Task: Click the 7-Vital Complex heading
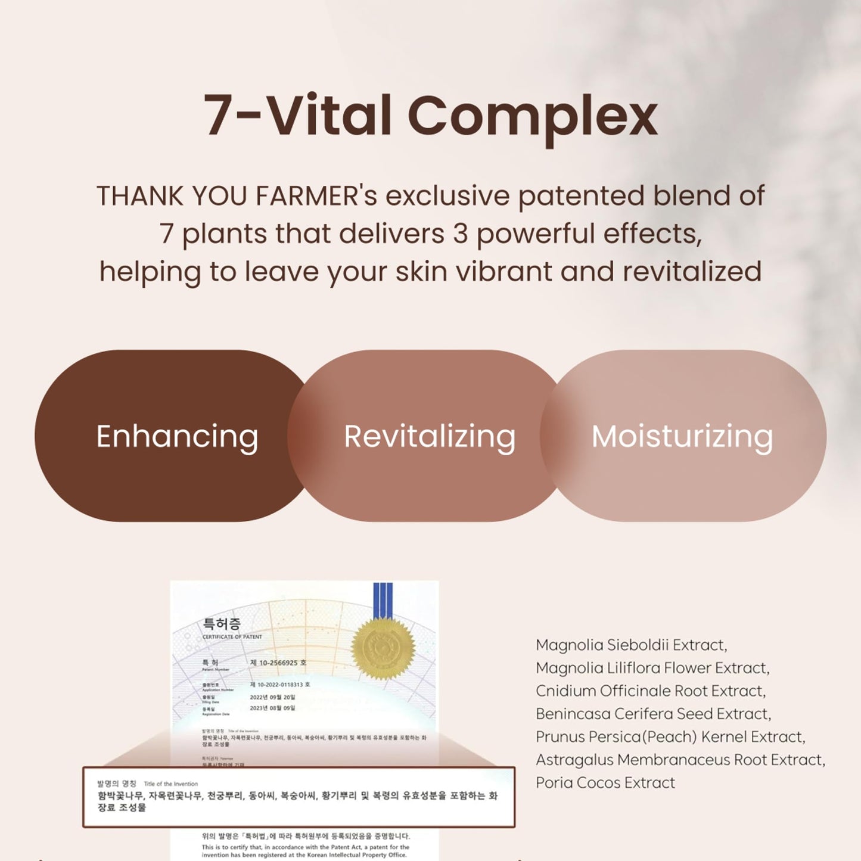coord(430,116)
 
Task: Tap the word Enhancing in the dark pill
coord(177,436)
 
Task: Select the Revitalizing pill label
coord(430,436)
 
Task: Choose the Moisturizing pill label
coord(682,436)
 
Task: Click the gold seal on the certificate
coord(383,649)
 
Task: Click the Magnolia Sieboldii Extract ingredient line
coord(631,645)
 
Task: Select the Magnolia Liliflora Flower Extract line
coord(652,668)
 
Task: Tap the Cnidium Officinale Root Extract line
coord(651,691)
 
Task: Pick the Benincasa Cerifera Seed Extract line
coord(653,714)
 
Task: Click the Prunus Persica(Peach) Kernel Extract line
coord(670,736)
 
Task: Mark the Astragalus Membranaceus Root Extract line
coord(680,760)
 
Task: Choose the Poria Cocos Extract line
coord(605,782)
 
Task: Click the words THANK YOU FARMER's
coord(237,196)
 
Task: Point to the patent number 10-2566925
coord(278,663)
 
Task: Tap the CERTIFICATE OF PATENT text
coord(232,637)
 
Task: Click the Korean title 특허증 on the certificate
coord(222,623)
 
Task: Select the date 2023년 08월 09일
coord(272,708)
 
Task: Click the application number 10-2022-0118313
coord(279,685)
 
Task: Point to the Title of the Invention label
coord(170,784)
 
